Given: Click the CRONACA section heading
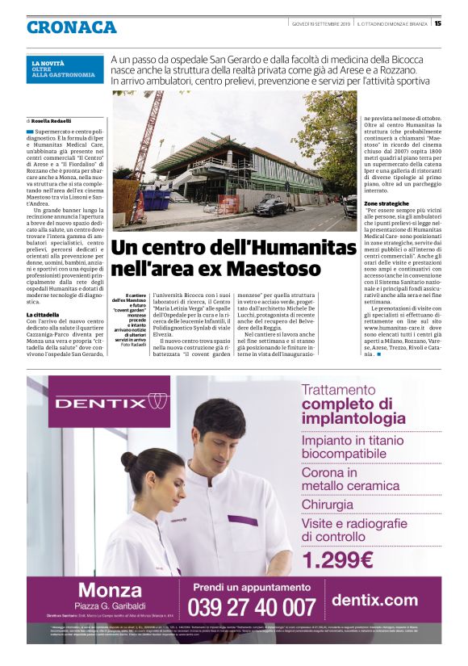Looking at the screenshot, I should [x=71, y=27].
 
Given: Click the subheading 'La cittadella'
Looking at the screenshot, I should [x=42, y=314].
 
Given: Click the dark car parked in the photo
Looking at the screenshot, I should [x=270, y=208].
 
